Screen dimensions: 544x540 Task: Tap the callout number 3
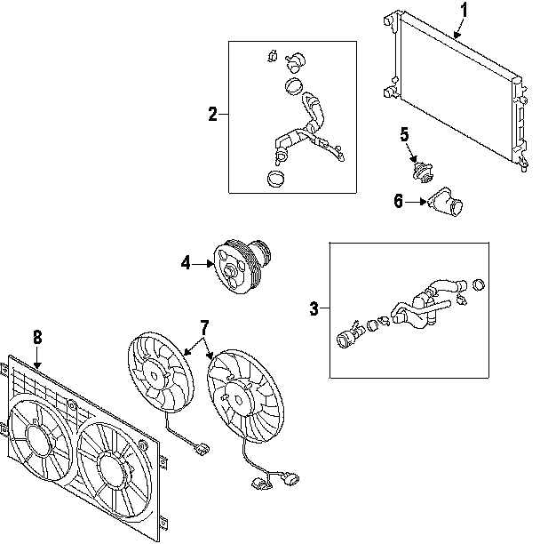point(314,308)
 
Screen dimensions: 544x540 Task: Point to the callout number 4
point(186,261)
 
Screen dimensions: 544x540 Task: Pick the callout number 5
point(404,135)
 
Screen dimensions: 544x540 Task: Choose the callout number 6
point(399,202)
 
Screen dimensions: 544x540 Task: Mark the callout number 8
point(37,337)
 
